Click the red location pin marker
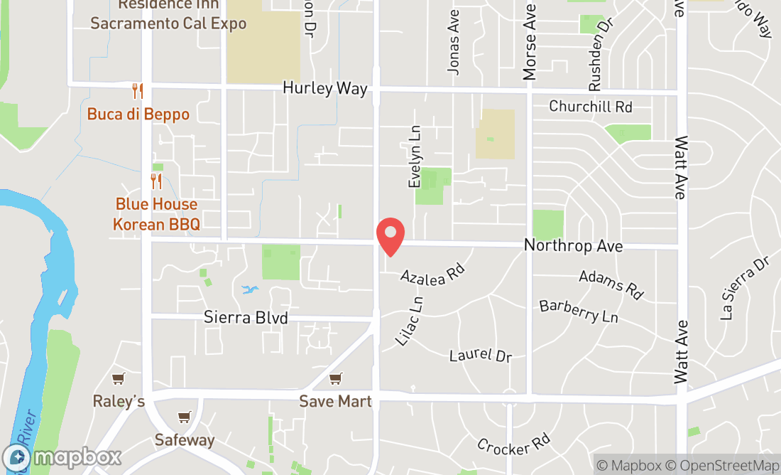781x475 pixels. point(390,237)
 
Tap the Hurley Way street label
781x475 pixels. point(324,89)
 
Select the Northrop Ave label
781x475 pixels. point(573,246)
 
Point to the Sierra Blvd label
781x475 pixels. point(246,317)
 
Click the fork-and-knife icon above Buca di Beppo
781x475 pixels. point(138,91)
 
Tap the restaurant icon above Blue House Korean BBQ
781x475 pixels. point(156,181)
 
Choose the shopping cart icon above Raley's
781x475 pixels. point(119,379)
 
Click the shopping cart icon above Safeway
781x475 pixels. point(184,417)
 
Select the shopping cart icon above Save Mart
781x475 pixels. point(335,379)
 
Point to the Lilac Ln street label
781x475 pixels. point(410,321)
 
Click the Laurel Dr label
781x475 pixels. point(481,354)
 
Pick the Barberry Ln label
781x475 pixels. point(579,311)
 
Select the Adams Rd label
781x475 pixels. point(611,284)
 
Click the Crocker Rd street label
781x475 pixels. point(513,446)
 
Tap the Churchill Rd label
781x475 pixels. point(590,107)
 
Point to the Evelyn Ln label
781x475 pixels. point(415,157)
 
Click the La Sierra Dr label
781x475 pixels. point(745,288)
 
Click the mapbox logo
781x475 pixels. point(62,457)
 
